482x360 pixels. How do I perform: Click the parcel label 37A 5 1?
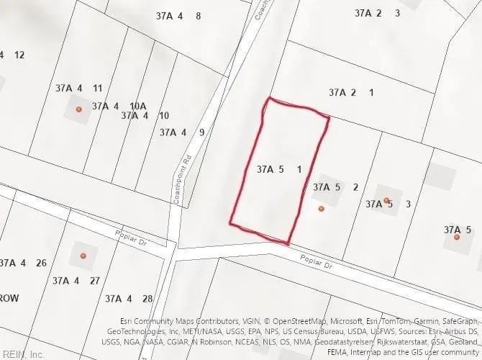[x=278, y=170]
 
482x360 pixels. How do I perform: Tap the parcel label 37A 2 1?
[x=352, y=92]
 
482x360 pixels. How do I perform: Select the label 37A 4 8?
[x=178, y=16]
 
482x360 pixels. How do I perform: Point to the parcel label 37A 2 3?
[x=378, y=13]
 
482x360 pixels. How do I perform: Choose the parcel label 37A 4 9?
[x=182, y=132]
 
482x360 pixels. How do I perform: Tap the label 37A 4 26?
[x=23, y=263]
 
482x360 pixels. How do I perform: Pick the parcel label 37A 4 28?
[x=129, y=298]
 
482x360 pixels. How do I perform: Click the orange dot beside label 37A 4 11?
[x=79, y=109]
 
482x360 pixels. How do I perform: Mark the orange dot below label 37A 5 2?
[x=322, y=209]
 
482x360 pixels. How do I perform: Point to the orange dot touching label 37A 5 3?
[x=386, y=201]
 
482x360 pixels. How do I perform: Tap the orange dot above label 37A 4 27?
[x=83, y=256]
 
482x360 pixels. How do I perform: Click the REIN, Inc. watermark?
[x=23, y=354]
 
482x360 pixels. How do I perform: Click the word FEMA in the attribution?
[x=337, y=352]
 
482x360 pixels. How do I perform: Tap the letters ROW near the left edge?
[x=9, y=297]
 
